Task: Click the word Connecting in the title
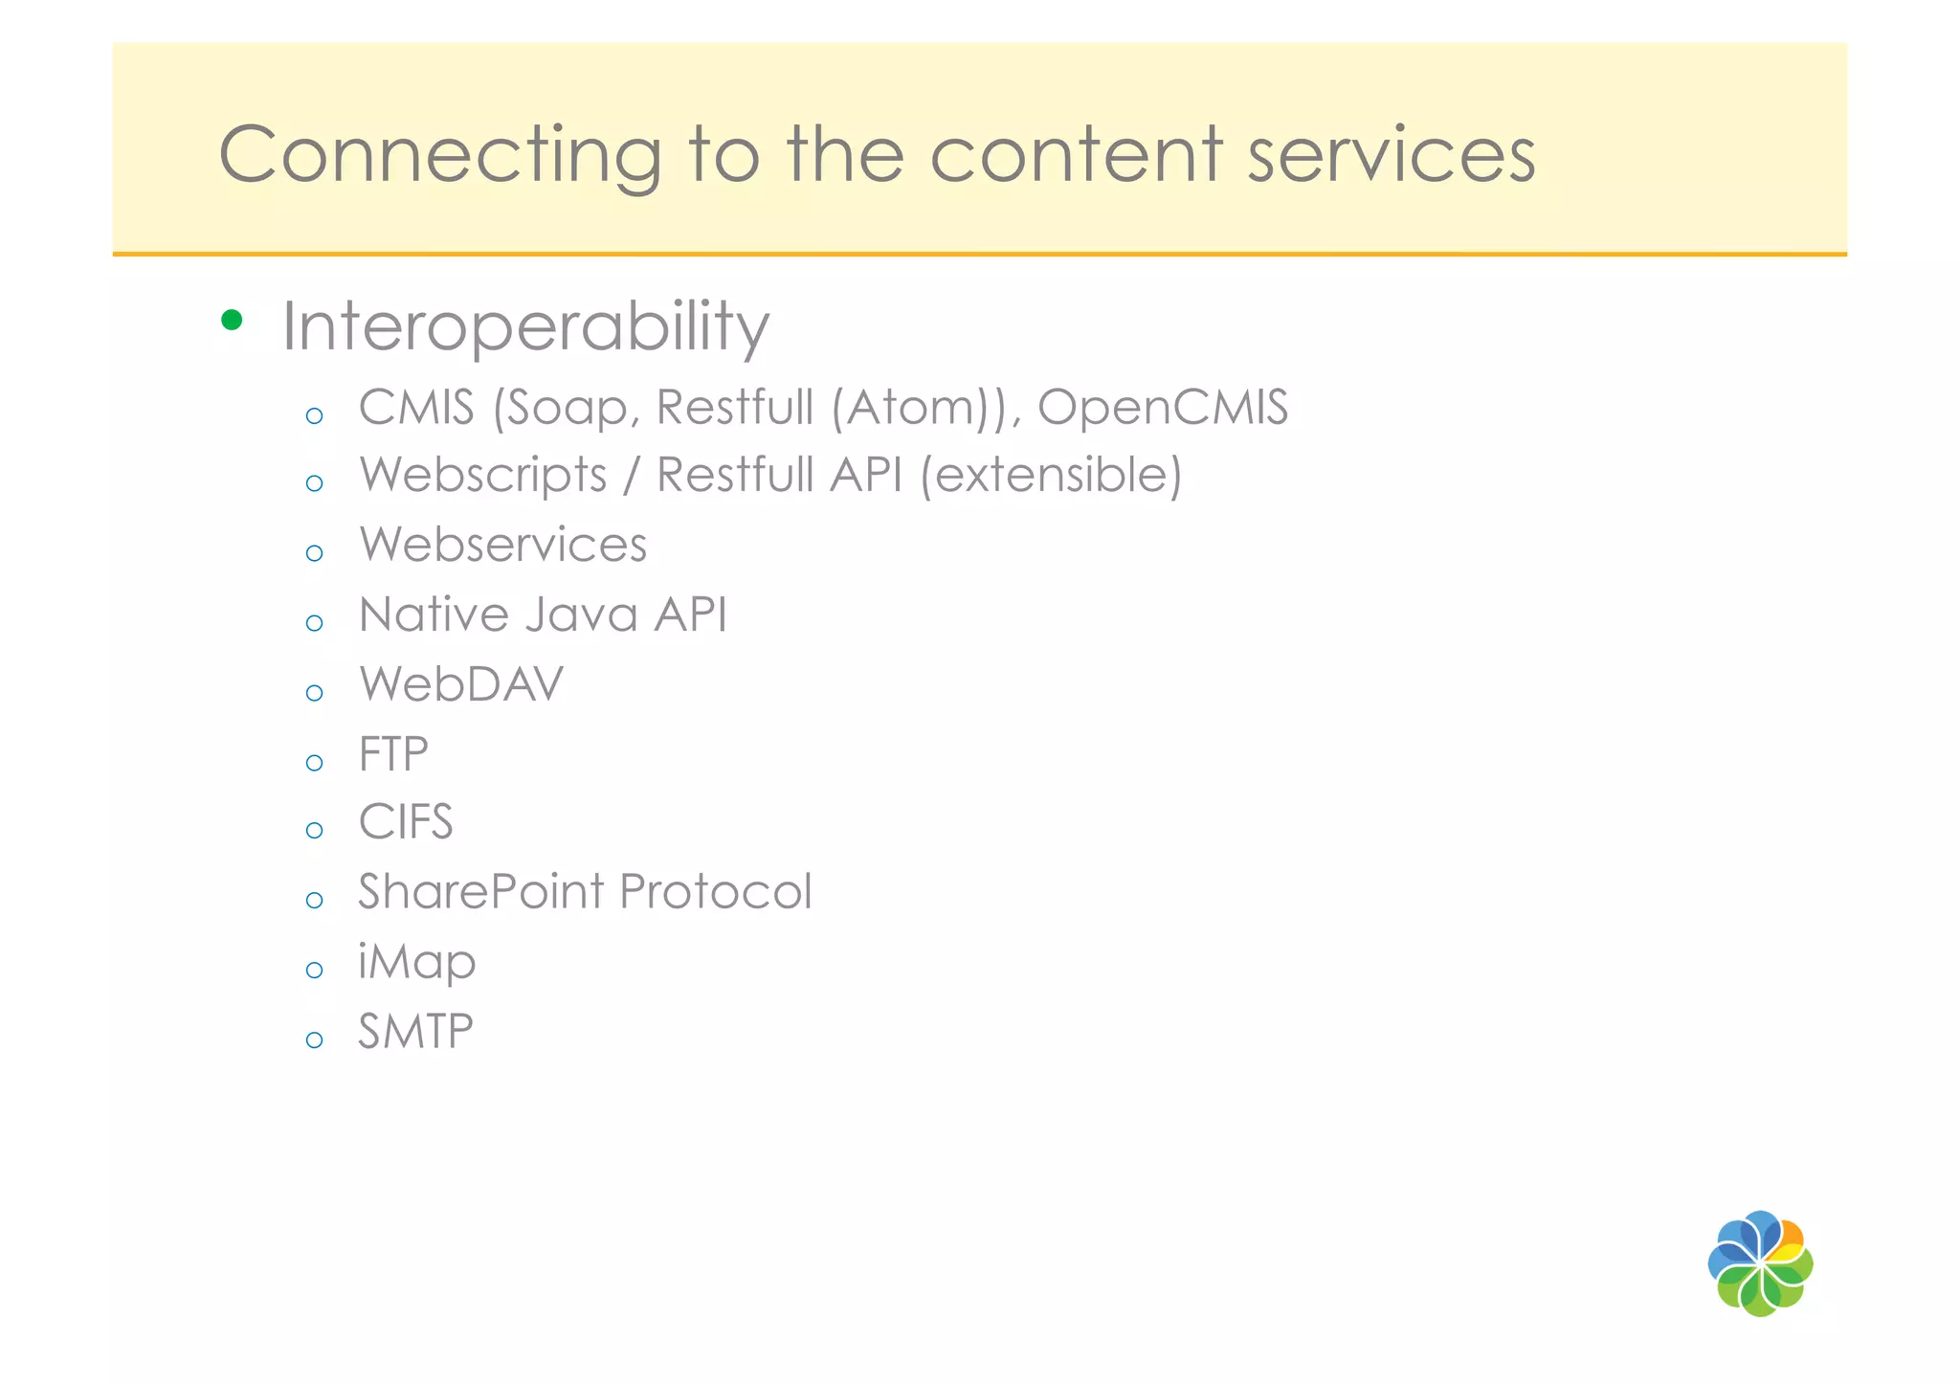point(440,155)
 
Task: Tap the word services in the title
point(1392,155)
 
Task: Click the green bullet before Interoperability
point(231,320)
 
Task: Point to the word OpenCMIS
point(1163,408)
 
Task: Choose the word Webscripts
point(483,476)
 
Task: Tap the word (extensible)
point(1051,476)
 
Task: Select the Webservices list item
point(502,545)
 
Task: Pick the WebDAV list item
point(461,684)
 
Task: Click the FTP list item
point(393,754)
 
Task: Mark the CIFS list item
point(406,822)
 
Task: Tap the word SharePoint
point(481,892)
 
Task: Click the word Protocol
point(715,892)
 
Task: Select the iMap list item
point(416,962)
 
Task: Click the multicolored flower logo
point(1760,1263)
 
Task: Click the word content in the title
point(1076,155)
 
